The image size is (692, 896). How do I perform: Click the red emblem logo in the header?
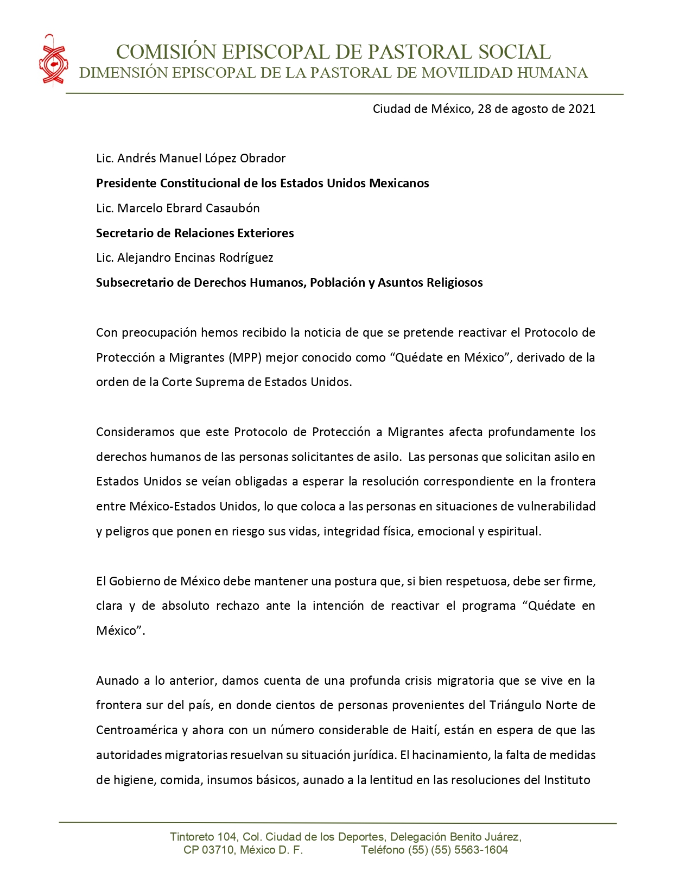click(53, 60)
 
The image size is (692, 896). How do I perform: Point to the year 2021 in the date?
click(581, 109)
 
